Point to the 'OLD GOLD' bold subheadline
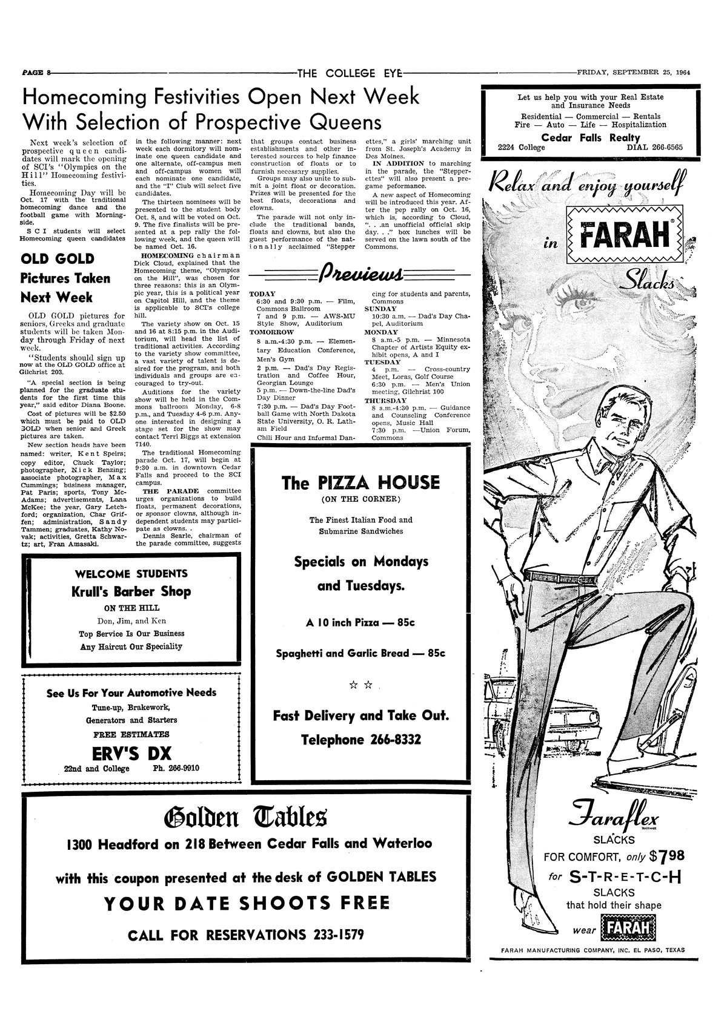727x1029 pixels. (58, 258)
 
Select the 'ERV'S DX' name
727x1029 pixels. (131, 752)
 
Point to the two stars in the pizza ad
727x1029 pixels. (360, 685)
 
